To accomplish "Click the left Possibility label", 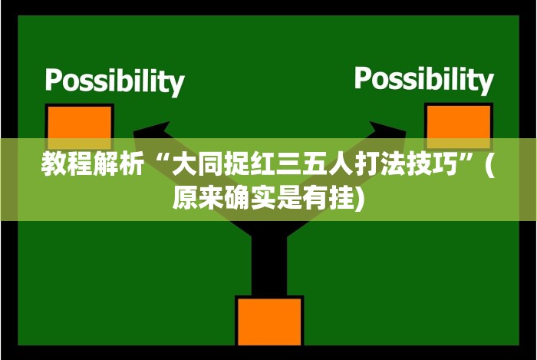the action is point(114,81).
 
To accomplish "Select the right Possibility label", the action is point(423,78).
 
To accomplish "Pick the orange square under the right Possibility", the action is point(458,125).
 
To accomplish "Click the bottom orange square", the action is point(268,321).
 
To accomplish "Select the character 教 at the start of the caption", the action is point(54,164).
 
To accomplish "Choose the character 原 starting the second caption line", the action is point(185,198).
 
